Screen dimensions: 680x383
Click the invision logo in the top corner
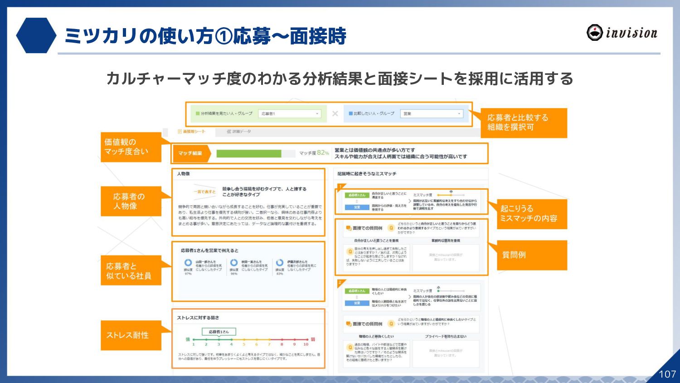622,33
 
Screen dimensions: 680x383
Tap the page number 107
667,374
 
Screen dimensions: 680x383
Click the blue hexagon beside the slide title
36,35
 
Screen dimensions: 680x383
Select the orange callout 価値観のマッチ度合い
131,147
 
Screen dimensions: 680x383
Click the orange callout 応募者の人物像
131,201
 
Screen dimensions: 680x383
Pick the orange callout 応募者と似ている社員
131,270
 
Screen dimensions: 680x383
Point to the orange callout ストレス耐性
131,335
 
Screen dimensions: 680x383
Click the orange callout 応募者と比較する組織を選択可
524,123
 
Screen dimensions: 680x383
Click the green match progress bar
249,153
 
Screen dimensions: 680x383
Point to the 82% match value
323,153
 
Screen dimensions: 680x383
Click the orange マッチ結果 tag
191,153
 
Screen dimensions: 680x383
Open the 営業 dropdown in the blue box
432,113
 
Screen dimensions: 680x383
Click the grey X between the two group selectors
335,113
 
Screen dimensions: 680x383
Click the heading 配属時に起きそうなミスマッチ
367,174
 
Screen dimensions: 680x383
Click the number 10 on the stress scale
306,344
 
